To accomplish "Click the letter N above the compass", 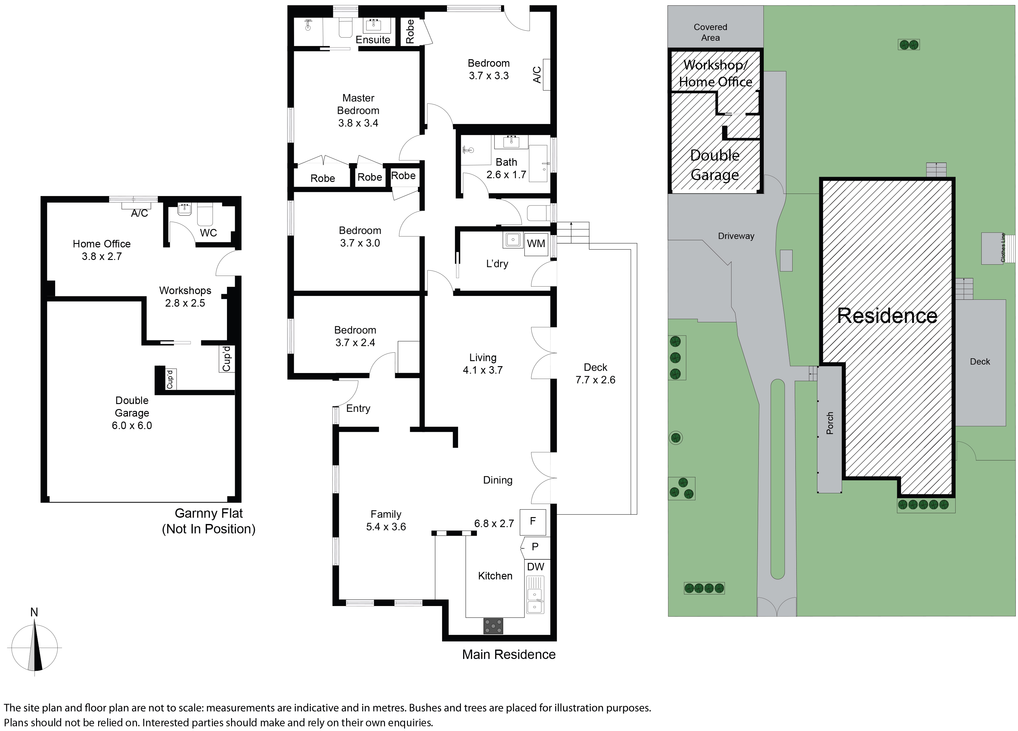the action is (x=34, y=612).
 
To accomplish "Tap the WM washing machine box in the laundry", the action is (x=536, y=244).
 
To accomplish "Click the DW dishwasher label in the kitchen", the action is (x=535, y=567).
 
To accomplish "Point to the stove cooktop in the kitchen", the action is (x=493, y=626).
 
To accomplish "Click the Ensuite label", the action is (x=373, y=39).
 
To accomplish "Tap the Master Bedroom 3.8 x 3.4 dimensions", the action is (x=358, y=123).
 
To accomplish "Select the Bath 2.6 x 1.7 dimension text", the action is (x=506, y=174).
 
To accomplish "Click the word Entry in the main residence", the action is (x=358, y=408).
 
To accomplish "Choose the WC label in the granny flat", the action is (x=208, y=233).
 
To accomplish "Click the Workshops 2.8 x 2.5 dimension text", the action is (x=185, y=303).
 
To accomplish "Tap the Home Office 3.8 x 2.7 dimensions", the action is (x=102, y=256).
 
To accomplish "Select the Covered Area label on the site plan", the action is (x=710, y=32).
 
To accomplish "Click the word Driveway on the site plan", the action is (x=736, y=236).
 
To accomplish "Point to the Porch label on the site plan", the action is (x=830, y=423).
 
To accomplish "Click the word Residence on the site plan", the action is (x=887, y=315).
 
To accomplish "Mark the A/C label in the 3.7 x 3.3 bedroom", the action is (x=537, y=75).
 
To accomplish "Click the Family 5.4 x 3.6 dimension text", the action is (x=386, y=526).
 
